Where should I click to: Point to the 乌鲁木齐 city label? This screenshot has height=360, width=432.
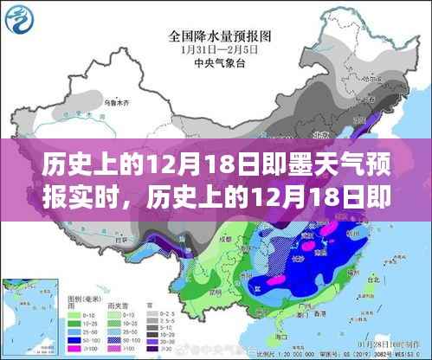pyautogui.click(x=87, y=103)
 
